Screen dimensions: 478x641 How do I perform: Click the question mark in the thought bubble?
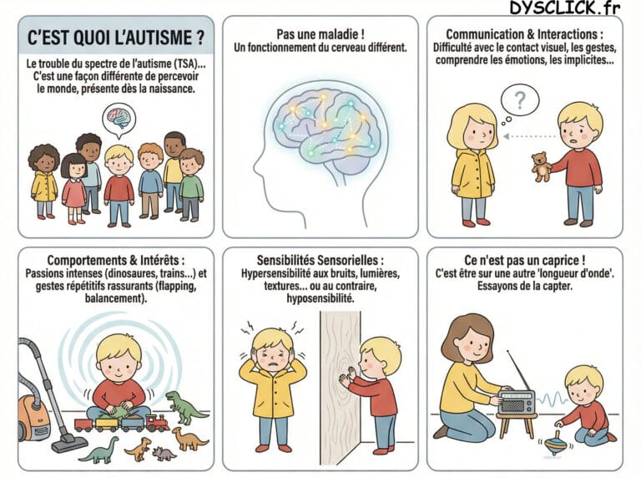point(520,102)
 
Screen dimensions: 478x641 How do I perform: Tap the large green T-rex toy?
point(184,406)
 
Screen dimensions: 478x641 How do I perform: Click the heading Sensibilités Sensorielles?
point(320,260)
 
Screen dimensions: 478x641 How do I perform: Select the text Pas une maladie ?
point(320,33)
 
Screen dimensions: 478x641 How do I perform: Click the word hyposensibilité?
point(320,298)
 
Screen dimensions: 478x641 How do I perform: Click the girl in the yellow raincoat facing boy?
point(473,163)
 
